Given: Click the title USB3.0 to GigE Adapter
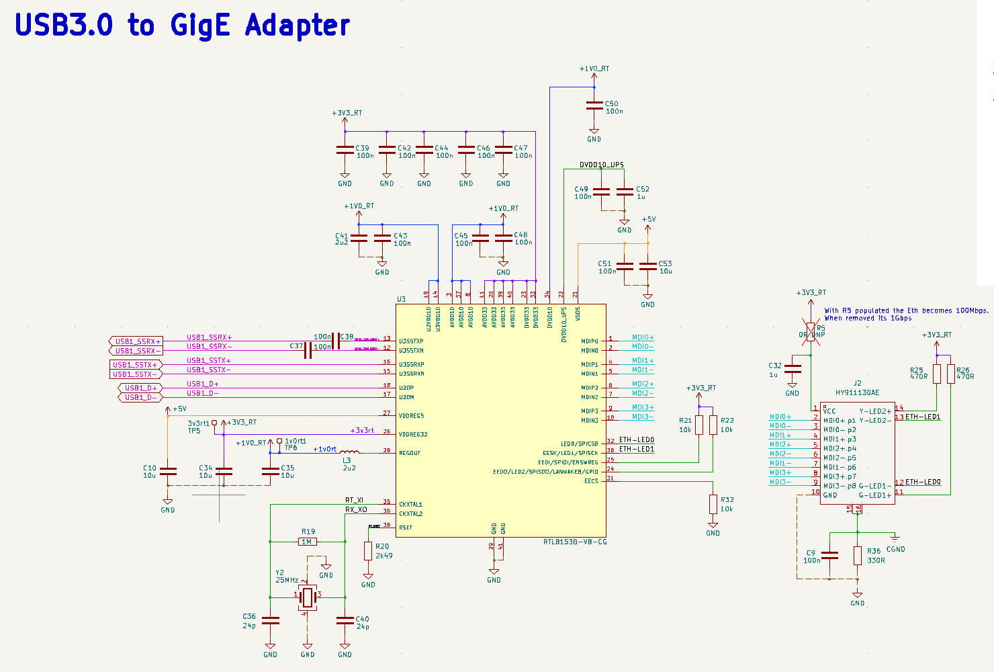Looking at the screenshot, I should click(182, 26).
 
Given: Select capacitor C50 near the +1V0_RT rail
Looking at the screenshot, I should click(594, 106).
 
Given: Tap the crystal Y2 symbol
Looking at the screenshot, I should click(308, 595).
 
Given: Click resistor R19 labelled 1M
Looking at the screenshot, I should click(308, 542).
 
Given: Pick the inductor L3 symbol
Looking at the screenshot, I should click(349, 452).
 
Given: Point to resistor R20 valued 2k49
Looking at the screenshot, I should click(368, 551).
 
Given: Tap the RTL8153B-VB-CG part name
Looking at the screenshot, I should click(575, 542).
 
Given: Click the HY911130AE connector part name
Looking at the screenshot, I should click(857, 392).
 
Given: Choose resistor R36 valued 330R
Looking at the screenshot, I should click(858, 555).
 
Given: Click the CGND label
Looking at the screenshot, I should click(895, 549).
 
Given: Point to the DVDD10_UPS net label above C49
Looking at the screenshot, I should click(601, 165).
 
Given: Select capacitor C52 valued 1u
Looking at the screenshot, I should click(625, 192).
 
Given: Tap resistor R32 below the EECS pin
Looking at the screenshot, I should click(713, 504).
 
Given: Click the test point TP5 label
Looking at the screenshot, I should click(194, 431).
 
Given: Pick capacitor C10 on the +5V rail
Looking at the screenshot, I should click(168, 471).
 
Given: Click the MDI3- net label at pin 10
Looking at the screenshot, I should click(642, 417).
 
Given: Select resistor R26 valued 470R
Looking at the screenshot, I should click(951, 374).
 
